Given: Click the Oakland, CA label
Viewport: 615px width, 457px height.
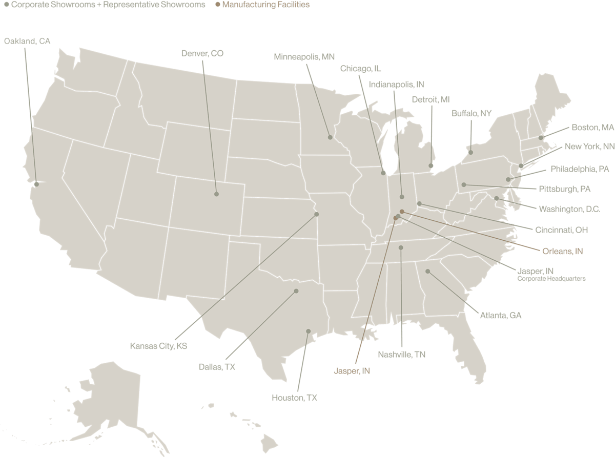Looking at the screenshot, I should pos(28,41).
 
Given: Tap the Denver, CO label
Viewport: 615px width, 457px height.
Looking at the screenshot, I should pos(202,53).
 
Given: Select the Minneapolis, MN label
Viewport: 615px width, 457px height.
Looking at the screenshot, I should pos(304,57).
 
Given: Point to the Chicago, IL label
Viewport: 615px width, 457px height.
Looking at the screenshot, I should pos(361,69).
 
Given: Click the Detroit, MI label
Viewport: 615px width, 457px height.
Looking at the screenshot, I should pos(430,99).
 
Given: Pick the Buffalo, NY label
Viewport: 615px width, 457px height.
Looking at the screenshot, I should pos(471,113).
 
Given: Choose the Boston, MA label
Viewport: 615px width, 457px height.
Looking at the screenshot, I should pos(592,127).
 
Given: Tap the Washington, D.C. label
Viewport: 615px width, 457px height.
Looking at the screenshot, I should pos(569,209).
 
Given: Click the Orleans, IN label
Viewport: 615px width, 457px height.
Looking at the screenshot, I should pos(563,251).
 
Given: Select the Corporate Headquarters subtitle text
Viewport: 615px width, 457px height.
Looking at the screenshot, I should pos(551,279).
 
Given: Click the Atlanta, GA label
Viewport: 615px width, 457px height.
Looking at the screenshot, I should pos(501,316).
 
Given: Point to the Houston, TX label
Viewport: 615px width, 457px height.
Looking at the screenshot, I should pos(295,398).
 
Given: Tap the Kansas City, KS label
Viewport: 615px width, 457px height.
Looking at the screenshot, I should pos(159,346).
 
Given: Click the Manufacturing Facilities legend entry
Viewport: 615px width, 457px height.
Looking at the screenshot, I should pos(263,5).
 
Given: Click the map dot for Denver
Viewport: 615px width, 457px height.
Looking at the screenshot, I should pos(216,194).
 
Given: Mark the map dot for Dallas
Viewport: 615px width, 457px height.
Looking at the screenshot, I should pos(296,291).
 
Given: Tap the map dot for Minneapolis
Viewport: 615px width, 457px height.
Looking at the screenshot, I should pos(330,137).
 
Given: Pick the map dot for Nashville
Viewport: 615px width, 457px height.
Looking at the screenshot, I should pos(401,247).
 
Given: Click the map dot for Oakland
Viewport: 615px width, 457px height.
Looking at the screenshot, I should pos(36,184).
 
